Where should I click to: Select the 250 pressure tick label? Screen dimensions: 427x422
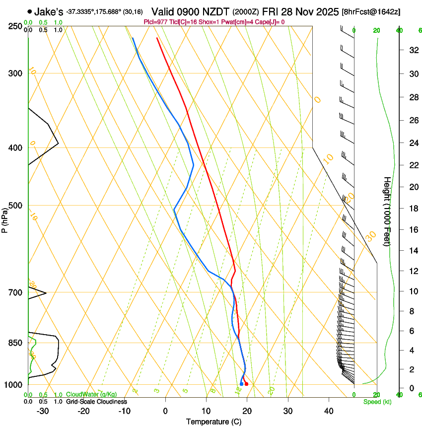[x=15, y=26]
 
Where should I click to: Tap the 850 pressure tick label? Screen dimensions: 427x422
[x=15, y=343]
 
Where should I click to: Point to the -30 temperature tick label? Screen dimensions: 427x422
[x=43, y=411]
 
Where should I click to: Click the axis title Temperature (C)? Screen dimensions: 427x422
[x=213, y=422]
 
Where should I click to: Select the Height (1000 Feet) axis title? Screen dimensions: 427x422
[x=387, y=212]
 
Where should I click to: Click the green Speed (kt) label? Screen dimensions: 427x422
[x=377, y=402]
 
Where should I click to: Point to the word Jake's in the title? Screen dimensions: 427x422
[x=49, y=11]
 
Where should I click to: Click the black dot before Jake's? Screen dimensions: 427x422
[x=30, y=11]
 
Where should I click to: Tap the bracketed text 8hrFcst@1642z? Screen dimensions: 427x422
[x=371, y=11]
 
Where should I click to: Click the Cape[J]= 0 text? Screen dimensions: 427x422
[x=268, y=22]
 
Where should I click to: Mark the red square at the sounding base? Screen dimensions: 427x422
[x=246, y=384]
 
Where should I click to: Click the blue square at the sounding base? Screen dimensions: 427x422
[x=241, y=384]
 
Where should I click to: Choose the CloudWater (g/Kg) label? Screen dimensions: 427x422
[x=92, y=395]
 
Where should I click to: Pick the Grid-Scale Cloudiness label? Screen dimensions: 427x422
[x=96, y=402]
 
